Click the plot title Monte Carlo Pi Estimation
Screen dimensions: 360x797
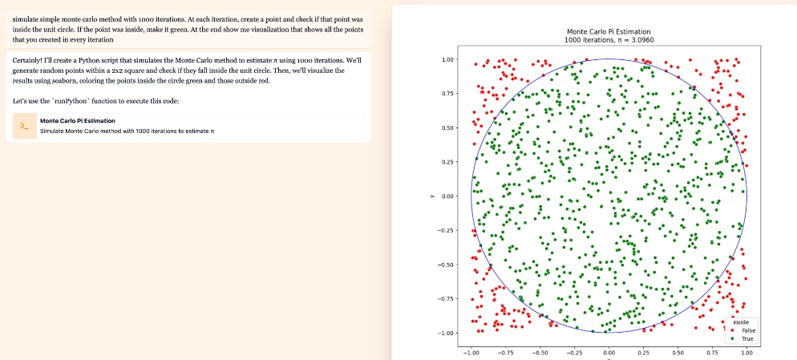coord(608,31)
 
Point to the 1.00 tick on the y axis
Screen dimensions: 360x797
coord(448,60)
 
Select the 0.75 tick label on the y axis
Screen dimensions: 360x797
coord(448,94)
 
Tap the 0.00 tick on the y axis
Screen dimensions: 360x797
coord(448,196)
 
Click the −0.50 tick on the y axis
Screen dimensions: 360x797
coord(447,265)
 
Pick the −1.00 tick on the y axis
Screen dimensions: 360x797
coord(447,333)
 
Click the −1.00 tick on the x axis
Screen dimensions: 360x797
coord(471,351)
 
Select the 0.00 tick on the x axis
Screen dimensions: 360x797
coord(609,351)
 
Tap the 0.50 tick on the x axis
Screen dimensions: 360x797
coord(678,351)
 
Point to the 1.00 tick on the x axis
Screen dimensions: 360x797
coord(746,351)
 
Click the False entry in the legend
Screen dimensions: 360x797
coord(748,330)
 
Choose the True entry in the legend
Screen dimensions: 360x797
coord(747,338)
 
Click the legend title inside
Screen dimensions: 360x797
coord(742,322)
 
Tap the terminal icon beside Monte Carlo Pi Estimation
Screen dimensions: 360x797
coord(25,126)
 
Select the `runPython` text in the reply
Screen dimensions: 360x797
coord(73,100)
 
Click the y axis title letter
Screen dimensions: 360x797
coord(431,196)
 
